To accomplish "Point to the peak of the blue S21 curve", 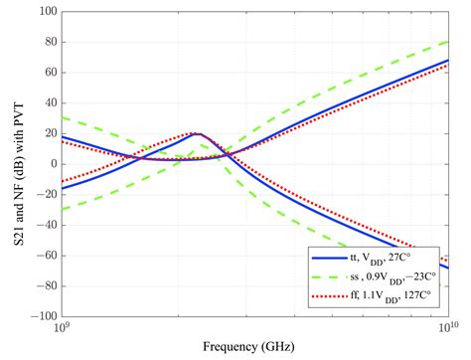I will click(x=200, y=133).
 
